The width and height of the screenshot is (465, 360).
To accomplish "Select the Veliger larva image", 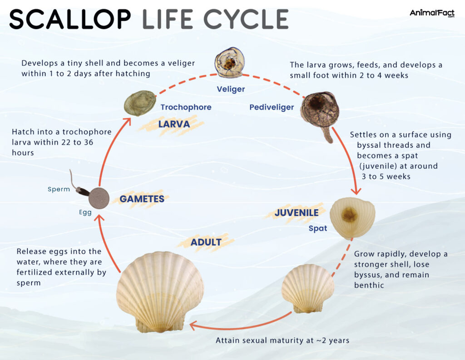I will tap(230, 64).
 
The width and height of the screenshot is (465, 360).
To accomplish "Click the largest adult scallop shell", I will tap(159, 290).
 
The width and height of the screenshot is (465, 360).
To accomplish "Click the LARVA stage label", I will tap(174, 124).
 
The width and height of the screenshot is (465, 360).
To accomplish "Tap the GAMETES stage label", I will tap(142, 199).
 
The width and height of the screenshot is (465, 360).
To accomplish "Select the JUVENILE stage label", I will tap(297, 213).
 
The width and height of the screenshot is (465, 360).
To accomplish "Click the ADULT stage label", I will tap(206, 242).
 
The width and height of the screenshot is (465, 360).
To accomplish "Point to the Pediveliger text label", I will tap(272, 107).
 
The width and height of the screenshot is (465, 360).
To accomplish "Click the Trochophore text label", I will tap(186, 107).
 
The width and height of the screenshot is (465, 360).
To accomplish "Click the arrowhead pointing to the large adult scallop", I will tap(193, 325).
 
